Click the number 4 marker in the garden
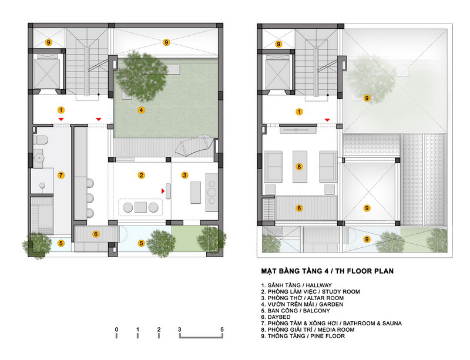[141, 110]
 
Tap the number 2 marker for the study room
[141, 176]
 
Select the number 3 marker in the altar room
[184, 176]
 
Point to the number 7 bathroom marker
[61, 175]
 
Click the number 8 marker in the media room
[299, 167]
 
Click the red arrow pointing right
[163, 191]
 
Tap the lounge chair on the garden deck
[195, 145]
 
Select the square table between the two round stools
[140, 207]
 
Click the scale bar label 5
[222, 329]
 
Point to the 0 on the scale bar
[116, 329]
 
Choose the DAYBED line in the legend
[276, 317]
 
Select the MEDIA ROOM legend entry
[307, 329]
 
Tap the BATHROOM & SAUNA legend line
[331, 324]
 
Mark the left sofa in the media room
[273, 167]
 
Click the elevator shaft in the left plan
[47, 72]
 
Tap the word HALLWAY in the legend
[318, 285]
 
